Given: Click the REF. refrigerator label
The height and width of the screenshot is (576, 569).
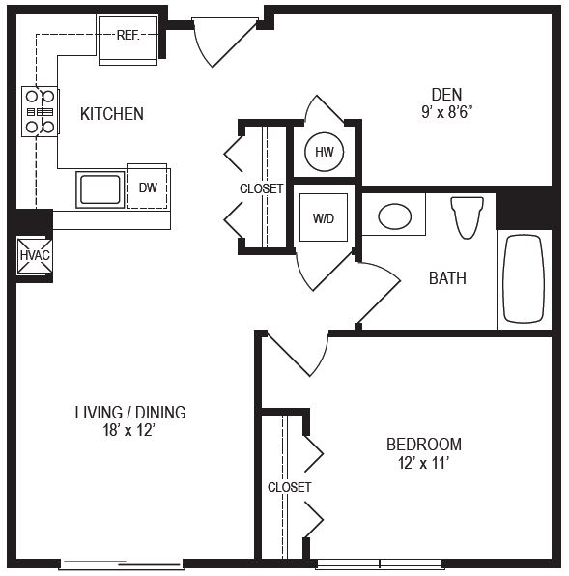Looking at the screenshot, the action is [x=128, y=35].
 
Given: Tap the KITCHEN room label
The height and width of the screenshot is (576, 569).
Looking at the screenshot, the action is [x=112, y=114].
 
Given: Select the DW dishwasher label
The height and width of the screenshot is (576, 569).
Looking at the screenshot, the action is [x=148, y=187].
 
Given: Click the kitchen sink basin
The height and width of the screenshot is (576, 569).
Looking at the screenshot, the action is [x=100, y=189].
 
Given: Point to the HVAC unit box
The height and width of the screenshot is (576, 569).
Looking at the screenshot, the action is [x=35, y=256].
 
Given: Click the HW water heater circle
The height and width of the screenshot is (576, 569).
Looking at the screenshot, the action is [x=325, y=152].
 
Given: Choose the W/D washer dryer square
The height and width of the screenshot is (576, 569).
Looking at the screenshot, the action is [x=324, y=217].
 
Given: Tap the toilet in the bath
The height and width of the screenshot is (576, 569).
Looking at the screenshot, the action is [x=467, y=217].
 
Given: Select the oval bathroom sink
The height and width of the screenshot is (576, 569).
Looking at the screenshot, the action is [x=394, y=216].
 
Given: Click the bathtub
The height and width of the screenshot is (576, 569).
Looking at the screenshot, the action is [x=524, y=279].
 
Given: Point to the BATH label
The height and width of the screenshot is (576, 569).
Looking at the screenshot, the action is [x=447, y=278].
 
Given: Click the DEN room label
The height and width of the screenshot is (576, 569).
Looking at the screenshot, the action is [x=446, y=95].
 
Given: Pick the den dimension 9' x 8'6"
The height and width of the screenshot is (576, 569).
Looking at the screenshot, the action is [x=446, y=112].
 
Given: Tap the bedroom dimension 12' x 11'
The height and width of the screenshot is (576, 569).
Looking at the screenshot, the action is [x=424, y=463].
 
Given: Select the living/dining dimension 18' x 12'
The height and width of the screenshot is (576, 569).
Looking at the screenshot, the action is [x=129, y=430].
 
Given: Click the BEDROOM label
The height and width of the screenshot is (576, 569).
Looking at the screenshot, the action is [x=424, y=445].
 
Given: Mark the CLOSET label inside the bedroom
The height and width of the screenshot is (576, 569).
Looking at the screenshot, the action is [x=289, y=487].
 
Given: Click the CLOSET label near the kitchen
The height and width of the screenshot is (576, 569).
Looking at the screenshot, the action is [x=262, y=188].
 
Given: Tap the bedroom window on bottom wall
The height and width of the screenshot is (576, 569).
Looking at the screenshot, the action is [x=380, y=563].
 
